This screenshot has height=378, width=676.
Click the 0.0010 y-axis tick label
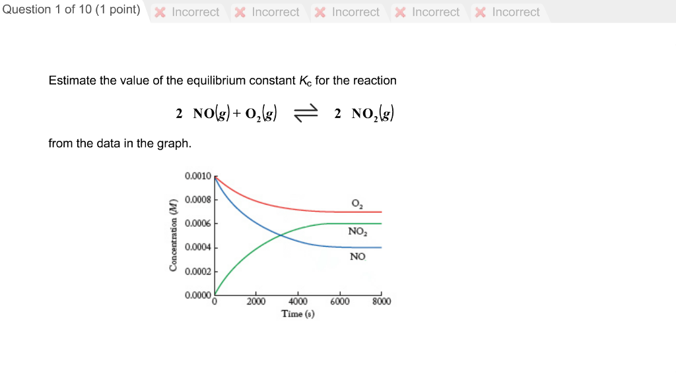pyautogui.click(x=198, y=176)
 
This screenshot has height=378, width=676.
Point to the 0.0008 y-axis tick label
pyautogui.click(x=198, y=199)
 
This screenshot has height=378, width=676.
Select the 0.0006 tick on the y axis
pyautogui.click(x=198, y=224)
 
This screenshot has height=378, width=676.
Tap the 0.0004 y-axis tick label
pyautogui.click(x=198, y=247)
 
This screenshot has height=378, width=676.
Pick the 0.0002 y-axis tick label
pyautogui.click(x=198, y=271)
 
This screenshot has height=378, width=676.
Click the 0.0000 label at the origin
pyautogui.click(x=198, y=295)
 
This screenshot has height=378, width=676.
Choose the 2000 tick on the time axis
pyautogui.click(x=256, y=302)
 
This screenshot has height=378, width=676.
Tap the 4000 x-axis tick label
pyautogui.click(x=298, y=302)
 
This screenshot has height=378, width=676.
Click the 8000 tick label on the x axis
pyautogui.click(x=382, y=302)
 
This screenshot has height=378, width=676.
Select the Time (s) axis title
pyautogui.click(x=298, y=314)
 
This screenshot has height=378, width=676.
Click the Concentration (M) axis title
pyautogui.click(x=174, y=234)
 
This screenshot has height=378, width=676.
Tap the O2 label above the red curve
pyautogui.click(x=357, y=203)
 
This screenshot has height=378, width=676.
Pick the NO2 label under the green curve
pyautogui.click(x=358, y=232)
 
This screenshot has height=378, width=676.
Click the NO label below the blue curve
pyautogui.click(x=357, y=256)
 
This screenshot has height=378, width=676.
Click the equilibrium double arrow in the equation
pyautogui.click(x=306, y=114)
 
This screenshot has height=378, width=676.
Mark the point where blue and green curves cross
pyautogui.click(x=281, y=236)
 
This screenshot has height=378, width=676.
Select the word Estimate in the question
pyautogui.click(x=72, y=80)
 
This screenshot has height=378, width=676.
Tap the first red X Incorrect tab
pyautogui.click(x=187, y=12)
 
